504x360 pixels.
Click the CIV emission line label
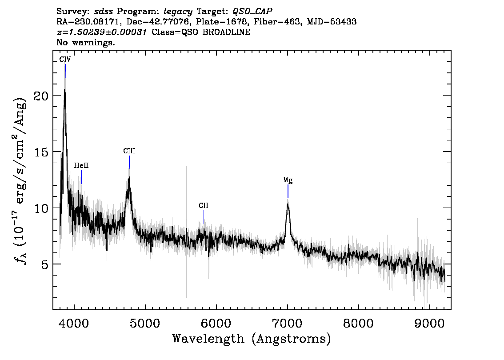65,59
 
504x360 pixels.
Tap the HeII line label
81,165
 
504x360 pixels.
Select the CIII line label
129,151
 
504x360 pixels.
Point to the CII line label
204,205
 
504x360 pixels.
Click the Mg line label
288,180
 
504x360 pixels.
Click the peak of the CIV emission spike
65,90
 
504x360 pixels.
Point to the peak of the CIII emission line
129,177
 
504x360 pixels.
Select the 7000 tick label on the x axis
288,321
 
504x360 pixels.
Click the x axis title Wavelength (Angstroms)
252,339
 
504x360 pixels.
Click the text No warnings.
86,43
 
